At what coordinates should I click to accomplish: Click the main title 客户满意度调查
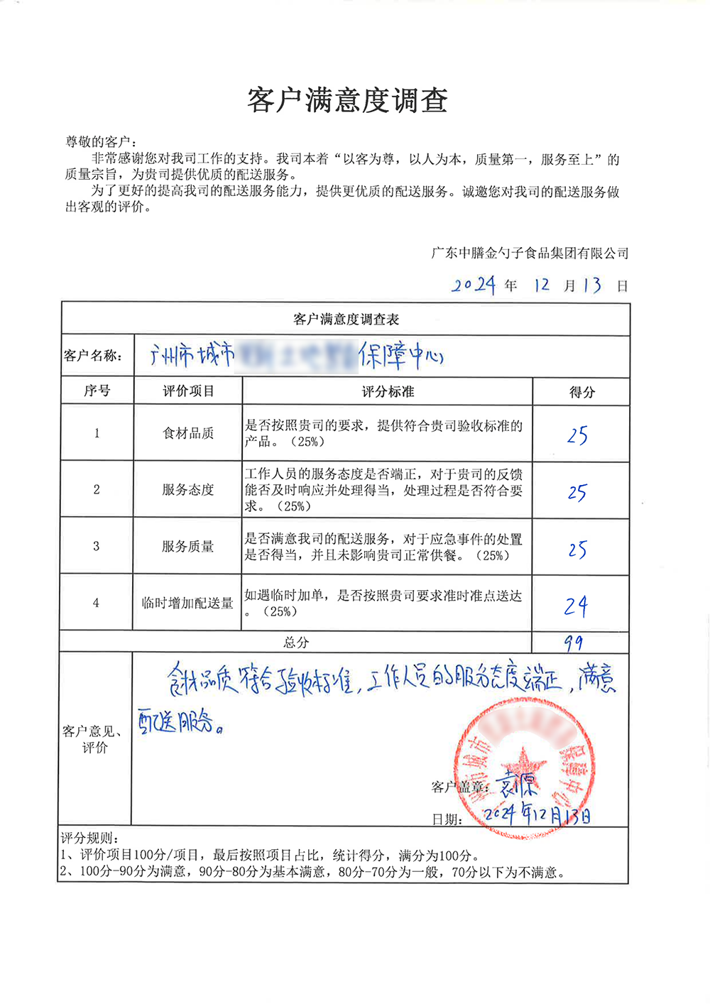(x=347, y=101)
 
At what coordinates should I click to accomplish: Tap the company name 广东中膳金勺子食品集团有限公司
(x=530, y=253)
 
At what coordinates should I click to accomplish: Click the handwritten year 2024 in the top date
(x=474, y=285)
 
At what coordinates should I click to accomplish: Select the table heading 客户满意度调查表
(x=346, y=320)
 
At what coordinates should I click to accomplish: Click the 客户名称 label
(x=92, y=356)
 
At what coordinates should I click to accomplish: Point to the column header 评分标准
(x=388, y=391)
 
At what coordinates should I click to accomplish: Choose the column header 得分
(x=581, y=392)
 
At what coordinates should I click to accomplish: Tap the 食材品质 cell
(x=188, y=433)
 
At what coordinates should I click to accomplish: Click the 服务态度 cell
(x=188, y=490)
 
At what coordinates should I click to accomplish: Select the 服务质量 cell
(x=188, y=546)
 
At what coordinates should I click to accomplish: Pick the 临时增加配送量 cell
(x=188, y=603)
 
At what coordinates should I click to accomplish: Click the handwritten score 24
(x=576, y=606)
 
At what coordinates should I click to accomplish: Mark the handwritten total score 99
(x=574, y=643)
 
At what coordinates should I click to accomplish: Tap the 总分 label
(x=296, y=643)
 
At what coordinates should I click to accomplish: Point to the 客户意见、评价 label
(x=93, y=739)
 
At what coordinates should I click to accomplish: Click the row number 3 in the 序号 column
(x=97, y=546)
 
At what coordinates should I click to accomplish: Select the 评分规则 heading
(x=89, y=839)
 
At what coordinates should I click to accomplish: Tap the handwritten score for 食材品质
(x=577, y=435)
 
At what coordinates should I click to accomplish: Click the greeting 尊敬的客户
(x=101, y=142)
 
